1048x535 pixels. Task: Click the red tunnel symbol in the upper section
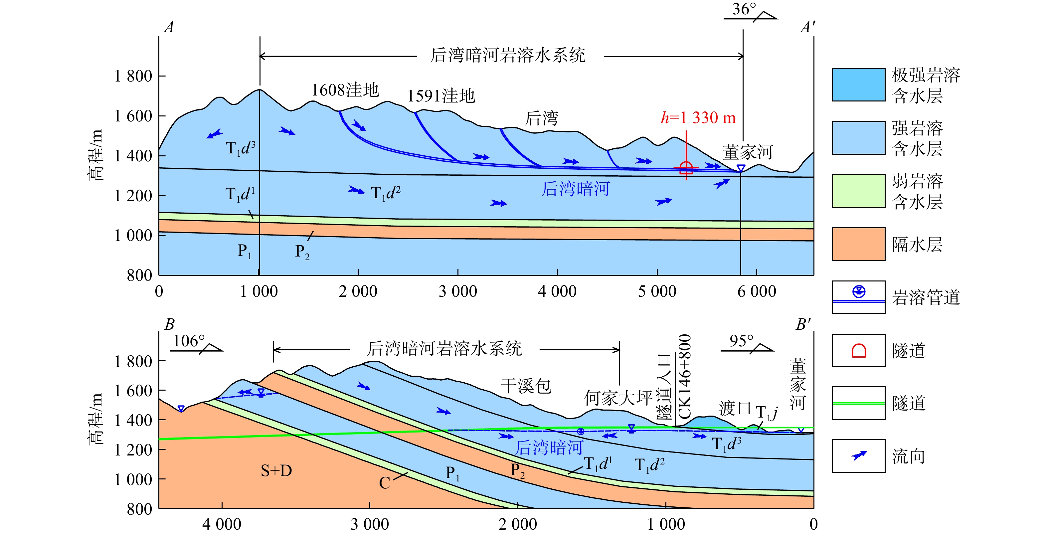(686, 168)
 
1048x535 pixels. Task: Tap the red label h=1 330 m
(698, 118)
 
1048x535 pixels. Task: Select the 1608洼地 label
(345, 90)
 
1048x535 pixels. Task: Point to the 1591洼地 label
(441, 96)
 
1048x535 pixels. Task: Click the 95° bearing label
(741, 341)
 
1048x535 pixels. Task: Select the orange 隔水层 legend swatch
(858, 244)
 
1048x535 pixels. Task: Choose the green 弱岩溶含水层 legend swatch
(858, 191)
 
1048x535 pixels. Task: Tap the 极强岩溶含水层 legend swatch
(858, 85)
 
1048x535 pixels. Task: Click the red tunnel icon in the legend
(858, 351)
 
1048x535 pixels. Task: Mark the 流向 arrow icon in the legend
(858, 456)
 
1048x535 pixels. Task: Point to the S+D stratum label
(276, 471)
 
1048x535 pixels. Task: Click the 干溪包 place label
(526, 386)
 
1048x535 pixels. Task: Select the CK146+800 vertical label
(685, 376)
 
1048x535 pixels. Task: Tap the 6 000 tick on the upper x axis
(757, 291)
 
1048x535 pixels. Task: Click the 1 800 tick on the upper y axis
(133, 76)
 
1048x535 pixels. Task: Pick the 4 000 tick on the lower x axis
(222, 524)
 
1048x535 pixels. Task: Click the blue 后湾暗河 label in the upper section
(575, 189)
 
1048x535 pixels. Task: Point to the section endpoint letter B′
(803, 324)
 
